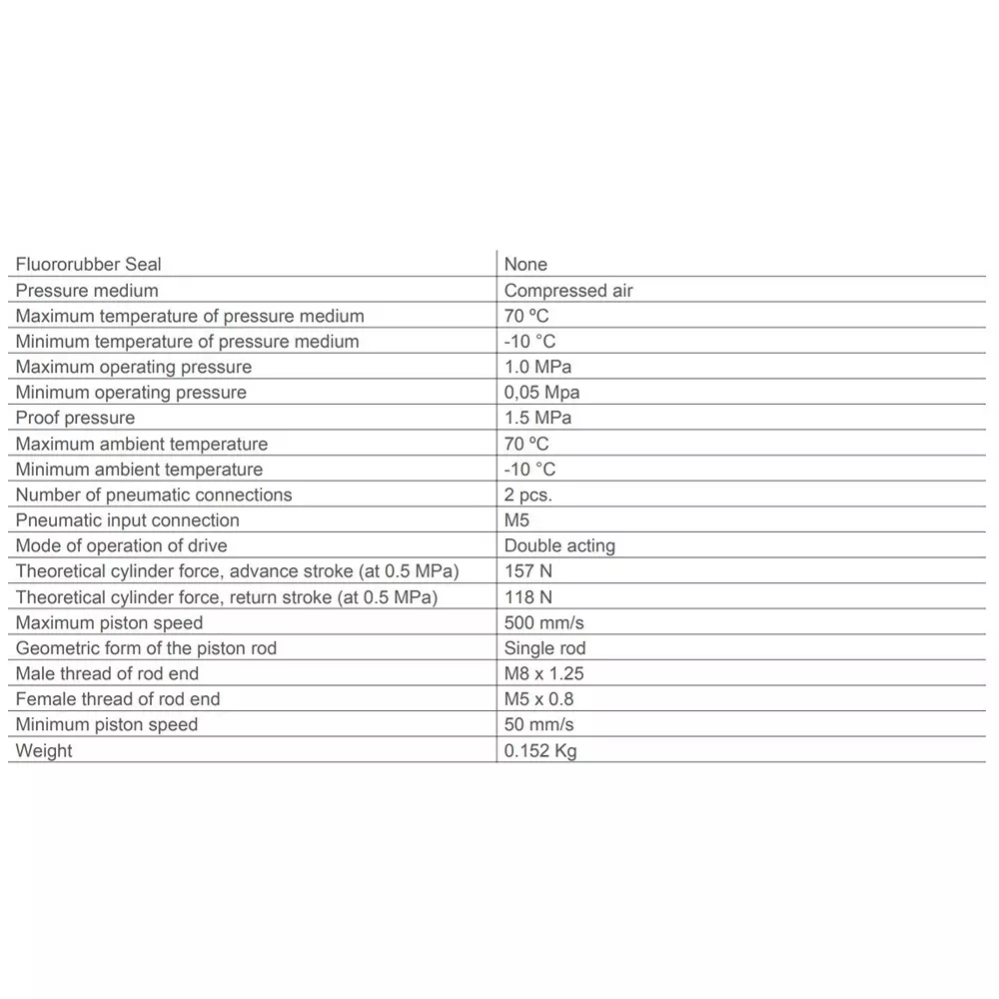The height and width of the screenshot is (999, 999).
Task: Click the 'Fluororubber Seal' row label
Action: (x=88, y=265)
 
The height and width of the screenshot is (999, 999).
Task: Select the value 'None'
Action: (x=525, y=265)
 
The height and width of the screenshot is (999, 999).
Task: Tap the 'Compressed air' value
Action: (x=568, y=291)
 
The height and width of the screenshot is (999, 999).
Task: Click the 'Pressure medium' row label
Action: (x=87, y=291)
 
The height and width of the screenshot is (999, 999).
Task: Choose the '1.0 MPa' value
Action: (x=537, y=367)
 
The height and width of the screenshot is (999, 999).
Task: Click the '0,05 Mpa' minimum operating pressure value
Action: (x=541, y=393)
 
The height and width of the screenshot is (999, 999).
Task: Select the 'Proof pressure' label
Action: (x=75, y=418)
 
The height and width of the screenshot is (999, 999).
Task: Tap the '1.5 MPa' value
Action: (x=537, y=418)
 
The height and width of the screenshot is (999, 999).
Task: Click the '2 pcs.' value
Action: (x=527, y=495)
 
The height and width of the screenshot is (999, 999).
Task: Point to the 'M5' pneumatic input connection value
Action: (x=516, y=520)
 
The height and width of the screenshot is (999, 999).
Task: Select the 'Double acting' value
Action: (x=559, y=545)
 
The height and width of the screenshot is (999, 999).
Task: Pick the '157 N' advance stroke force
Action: (x=528, y=571)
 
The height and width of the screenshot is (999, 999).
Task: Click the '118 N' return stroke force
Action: (x=528, y=597)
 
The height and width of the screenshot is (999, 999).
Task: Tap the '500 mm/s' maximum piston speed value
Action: (x=543, y=623)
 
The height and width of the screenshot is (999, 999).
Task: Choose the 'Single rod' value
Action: (x=544, y=648)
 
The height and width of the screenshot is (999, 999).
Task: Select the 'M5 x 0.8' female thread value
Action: (x=539, y=699)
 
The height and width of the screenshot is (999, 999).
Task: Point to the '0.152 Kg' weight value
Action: (x=540, y=751)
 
